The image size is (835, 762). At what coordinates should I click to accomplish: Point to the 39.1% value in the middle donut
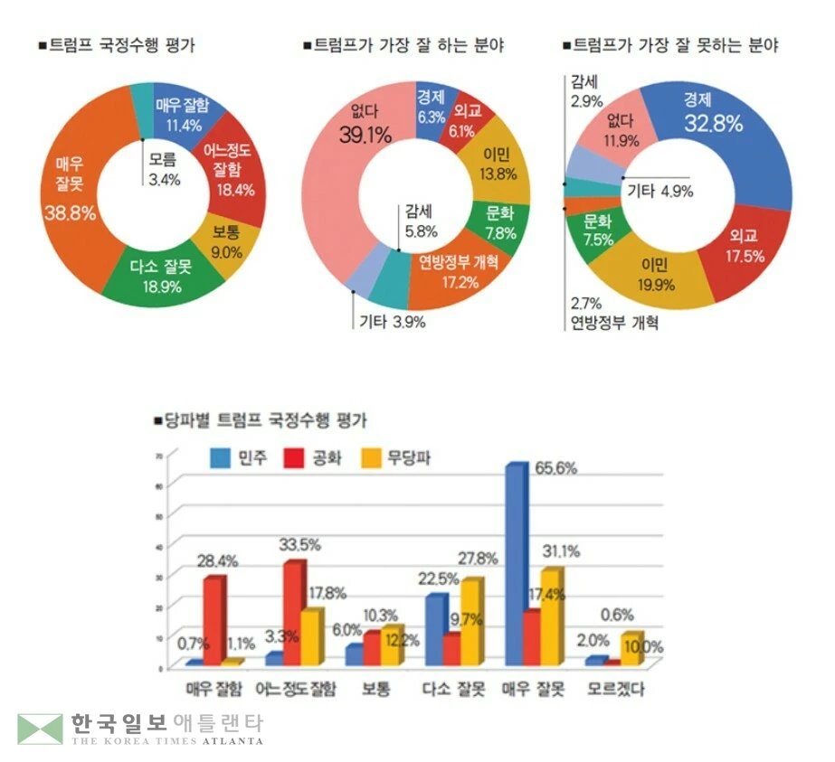point(365,135)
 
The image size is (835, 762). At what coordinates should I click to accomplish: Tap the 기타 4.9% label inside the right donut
point(659,190)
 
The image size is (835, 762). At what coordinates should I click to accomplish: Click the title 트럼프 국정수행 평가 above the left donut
point(122,44)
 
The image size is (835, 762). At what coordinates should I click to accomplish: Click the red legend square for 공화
point(294,458)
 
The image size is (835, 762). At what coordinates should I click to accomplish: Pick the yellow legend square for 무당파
point(369,458)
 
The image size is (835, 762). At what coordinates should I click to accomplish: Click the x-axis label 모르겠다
point(625,690)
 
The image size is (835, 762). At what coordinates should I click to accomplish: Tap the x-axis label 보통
point(375,690)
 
